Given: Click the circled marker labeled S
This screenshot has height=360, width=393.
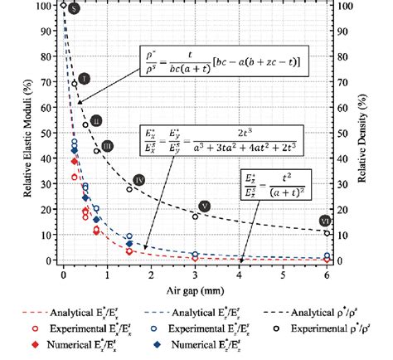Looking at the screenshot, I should tap(74, 9).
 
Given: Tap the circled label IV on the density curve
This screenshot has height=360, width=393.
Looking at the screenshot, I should tap(139, 180).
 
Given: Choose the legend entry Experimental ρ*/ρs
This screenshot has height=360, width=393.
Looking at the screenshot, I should tap(332, 328).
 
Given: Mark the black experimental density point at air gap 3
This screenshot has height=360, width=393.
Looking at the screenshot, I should tap(196, 217).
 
